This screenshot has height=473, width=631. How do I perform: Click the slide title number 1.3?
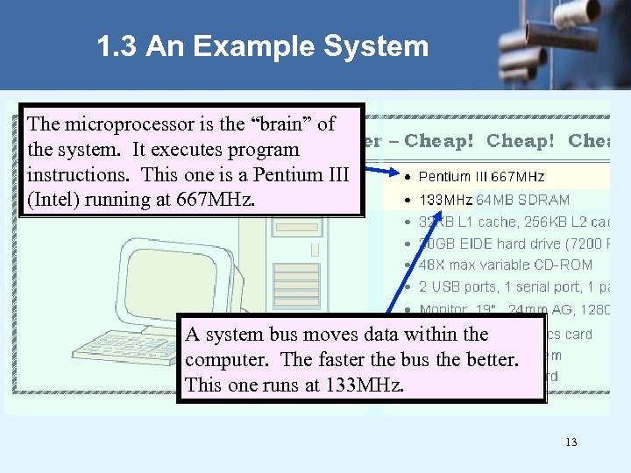pyautogui.click(x=117, y=46)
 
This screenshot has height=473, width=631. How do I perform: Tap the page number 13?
pyautogui.click(x=571, y=442)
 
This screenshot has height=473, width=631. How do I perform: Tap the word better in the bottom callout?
pyautogui.click(x=491, y=360)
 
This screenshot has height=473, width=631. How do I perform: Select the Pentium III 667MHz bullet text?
pyautogui.click(x=481, y=178)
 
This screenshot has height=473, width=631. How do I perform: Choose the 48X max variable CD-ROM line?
pyautogui.click(x=506, y=265)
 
